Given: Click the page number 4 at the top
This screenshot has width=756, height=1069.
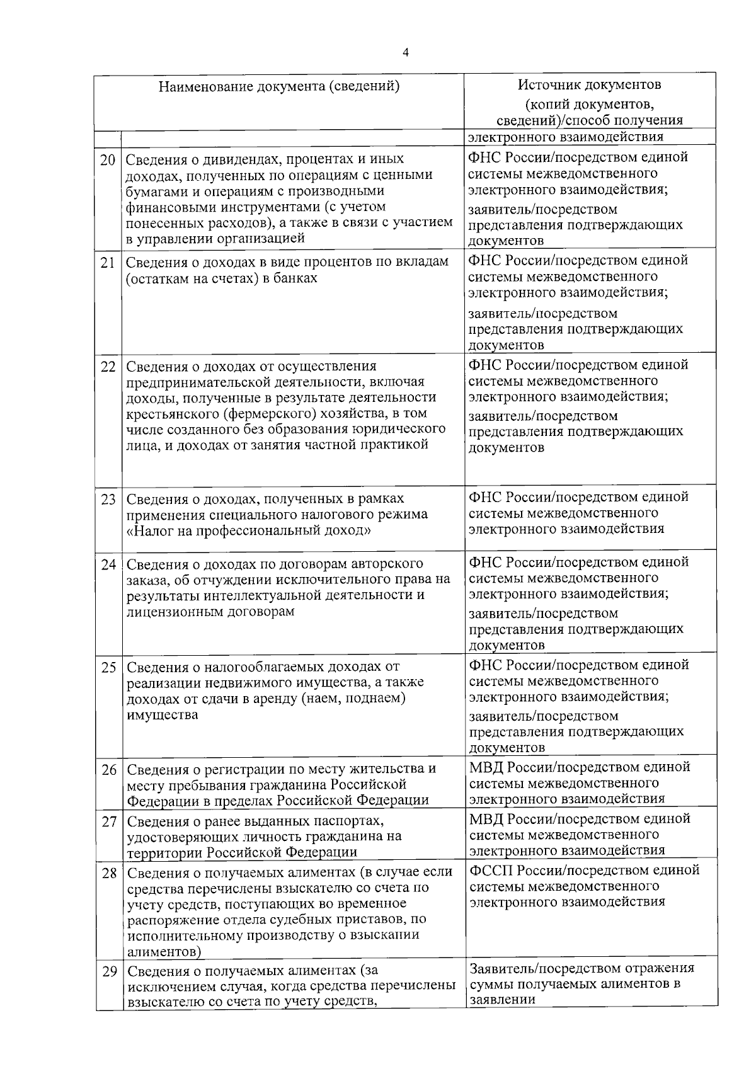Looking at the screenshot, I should click(x=405, y=54).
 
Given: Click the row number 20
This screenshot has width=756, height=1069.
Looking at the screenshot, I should click(x=108, y=160).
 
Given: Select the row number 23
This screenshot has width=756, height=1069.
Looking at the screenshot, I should click(x=108, y=500).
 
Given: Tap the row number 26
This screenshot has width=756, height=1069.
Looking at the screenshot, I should click(x=109, y=770).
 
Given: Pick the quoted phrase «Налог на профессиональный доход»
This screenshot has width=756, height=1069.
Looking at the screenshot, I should click(x=248, y=530).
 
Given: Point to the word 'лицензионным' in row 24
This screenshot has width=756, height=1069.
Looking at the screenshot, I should click(x=169, y=611).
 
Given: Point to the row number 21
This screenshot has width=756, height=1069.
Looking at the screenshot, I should click(x=108, y=263).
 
